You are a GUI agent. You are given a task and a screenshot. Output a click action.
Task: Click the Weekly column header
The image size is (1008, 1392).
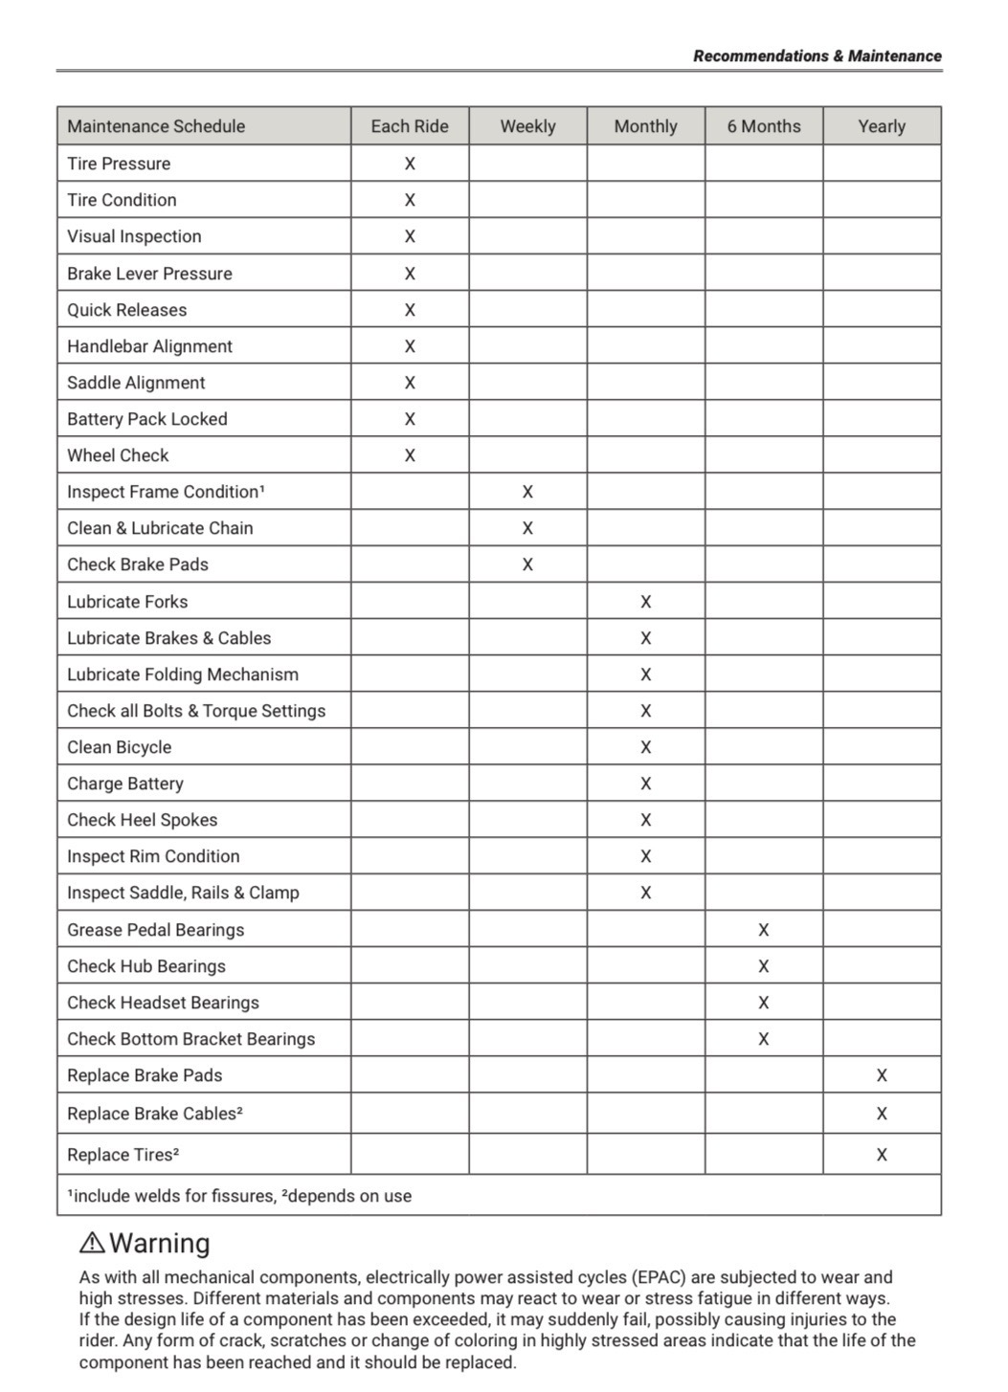(x=527, y=126)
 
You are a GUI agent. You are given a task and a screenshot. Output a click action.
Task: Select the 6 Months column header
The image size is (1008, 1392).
(x=764, y=126)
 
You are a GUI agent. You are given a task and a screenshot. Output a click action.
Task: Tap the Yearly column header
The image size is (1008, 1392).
(x=882, y=126)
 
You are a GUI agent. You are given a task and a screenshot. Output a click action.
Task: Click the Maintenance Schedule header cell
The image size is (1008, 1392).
(x=156, y=126)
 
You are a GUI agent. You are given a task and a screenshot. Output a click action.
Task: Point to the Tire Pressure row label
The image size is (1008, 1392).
(x=119, y=164)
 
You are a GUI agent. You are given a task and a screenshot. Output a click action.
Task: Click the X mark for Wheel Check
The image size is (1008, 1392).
(x=410, y=455)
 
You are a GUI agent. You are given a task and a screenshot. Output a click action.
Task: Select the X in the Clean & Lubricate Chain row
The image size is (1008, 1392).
(x=527, y=528)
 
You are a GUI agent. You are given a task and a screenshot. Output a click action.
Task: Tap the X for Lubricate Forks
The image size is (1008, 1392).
(x=646, y=602)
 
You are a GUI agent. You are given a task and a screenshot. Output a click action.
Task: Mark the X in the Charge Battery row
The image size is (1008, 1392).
(x=646, y=784)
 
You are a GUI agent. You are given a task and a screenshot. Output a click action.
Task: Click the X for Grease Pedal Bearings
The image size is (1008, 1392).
(x=764, y=930)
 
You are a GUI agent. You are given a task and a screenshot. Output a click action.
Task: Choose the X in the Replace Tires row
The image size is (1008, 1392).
(x=882, y=1155)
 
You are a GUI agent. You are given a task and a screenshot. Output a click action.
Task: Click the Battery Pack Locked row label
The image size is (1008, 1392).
(x=147, y=419)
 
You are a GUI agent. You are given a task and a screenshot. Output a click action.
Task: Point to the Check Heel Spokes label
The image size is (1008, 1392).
(x=143, y=820)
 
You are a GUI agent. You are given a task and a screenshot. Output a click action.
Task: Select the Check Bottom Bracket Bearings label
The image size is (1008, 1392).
(x=191, y=1039)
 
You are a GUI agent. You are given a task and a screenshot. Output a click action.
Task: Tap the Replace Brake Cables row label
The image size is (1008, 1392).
(x=155, y=1114)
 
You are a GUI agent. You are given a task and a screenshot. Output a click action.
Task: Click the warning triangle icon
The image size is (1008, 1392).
(x=92, y=1243)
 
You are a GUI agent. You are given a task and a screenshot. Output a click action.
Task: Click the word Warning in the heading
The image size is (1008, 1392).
(x=160, y=1243)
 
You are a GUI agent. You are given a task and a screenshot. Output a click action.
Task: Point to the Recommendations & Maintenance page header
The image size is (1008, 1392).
(x=818, y=55)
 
